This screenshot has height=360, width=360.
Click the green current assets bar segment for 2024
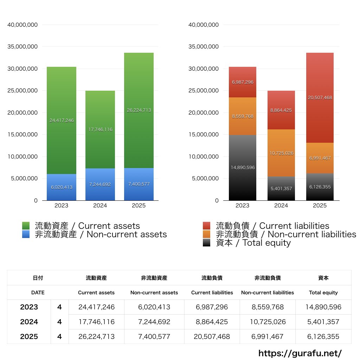click(100, 116)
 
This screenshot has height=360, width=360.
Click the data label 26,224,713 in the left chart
click(139, 110)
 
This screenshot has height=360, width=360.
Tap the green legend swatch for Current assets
click(26, 226)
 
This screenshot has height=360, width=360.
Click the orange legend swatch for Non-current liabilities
click(207, 234)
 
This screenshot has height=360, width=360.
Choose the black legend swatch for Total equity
click(207, 243)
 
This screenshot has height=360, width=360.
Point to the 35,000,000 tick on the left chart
click(22, 47)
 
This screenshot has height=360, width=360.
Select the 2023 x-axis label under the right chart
click(242, 205)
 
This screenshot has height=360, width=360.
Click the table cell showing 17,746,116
click(96, 322)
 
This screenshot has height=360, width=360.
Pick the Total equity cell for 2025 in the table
click(323, 336)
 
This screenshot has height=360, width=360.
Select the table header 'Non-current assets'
click(154, 292)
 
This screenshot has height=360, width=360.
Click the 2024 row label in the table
click(29, 322)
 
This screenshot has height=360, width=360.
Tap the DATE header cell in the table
click(38, 292)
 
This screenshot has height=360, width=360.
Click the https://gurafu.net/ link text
click(300, 353)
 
